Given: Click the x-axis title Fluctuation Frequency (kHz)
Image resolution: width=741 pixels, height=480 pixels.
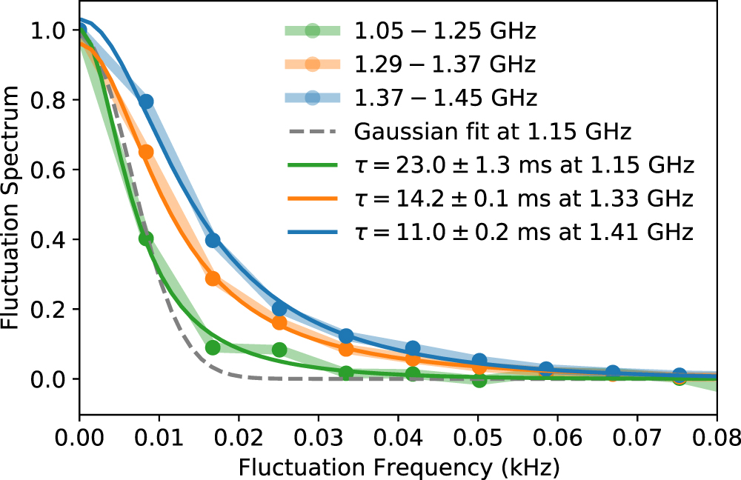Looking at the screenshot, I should point(398,467).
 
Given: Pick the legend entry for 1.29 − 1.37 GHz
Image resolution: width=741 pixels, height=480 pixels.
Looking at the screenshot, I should point(445,64).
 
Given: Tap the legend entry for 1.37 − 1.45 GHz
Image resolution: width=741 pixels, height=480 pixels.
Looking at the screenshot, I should point(445,98).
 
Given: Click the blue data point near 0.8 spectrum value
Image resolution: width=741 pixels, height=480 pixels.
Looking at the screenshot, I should point(147,101).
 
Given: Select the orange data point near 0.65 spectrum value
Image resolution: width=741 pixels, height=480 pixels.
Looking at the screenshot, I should point(146,152).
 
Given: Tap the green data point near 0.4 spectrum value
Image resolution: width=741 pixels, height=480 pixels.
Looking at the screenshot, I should point(146,239).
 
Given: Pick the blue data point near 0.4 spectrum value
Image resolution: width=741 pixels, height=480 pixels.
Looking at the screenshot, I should point(213,240).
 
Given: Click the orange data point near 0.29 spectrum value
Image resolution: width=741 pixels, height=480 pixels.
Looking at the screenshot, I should point(213,279).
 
